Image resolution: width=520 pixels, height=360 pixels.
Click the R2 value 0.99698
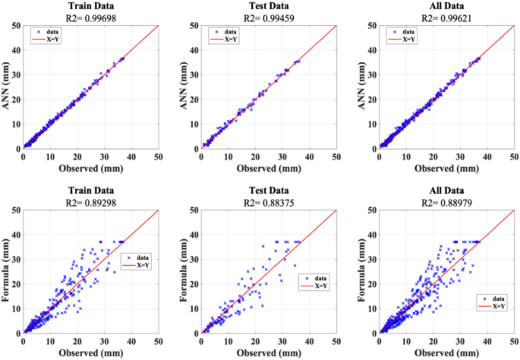(x=99, y=18)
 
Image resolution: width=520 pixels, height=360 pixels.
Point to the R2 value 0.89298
(x=99, y=202)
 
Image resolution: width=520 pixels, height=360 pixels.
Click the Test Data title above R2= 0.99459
(x=269, y=6)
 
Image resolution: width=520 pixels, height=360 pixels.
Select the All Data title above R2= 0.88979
(x=446, y=191)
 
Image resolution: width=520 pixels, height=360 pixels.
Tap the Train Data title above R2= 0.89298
(x=91, y=191)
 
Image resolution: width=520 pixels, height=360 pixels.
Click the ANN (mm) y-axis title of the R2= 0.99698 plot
(x=6, y=86)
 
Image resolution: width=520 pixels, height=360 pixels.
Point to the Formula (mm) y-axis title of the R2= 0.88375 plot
(x=184, y=270)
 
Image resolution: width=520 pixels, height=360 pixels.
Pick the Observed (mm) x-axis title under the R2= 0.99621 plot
(x=446, y=169)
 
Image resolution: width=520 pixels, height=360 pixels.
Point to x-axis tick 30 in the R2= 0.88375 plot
(x=282, y=341)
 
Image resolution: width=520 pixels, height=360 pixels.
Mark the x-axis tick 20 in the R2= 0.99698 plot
(x=77, y=156)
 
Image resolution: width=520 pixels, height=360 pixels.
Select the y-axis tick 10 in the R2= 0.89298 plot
(x=16, y=308)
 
